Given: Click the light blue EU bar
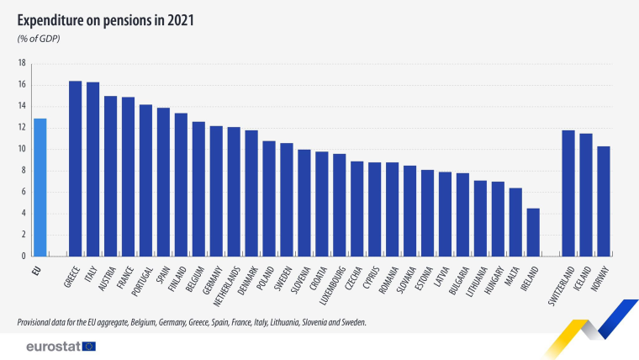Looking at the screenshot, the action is pyautogui.click(x=40, y=187).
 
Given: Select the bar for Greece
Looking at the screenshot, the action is pyautogui.click(x=75, y=168).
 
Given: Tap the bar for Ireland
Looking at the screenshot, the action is pyautogui.click(x=533, y=232).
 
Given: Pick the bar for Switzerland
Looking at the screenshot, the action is pyautogui.click(x=568, y=193).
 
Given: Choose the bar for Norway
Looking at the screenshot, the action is pyautogui.click(x=604, y=201).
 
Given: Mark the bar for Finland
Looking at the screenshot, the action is pyautogui.click(x=181, y=185).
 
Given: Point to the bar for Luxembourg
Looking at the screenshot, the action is pyautogui.click(x=340, y=204).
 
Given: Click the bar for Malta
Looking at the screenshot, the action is pyautogui.click(x=515, y=222).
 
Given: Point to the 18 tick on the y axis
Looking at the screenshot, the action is pyautogui.click(x=22, y=63).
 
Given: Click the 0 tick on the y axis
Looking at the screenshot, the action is pyautogui.click(x=24, y=256).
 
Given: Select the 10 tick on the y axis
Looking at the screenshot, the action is pyautogui.click(x=22, y=149).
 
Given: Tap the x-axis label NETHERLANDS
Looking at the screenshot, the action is pyautogui.click(x=227, y=287).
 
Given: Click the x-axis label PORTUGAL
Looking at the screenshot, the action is pyautogui.click(x=142, y=281).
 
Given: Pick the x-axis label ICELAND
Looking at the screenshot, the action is pyautogui.click(x=582, y=278).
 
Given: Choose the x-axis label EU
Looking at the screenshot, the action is pyautogui.click(x=37, y=271).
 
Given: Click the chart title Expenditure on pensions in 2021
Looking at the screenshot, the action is pyautogui.click(x=106, y=20).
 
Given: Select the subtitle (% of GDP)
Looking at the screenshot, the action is pyautogui.click(x=39, y=39).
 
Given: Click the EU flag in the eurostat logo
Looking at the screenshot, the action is pyautogui.click(x=89, y=347).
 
